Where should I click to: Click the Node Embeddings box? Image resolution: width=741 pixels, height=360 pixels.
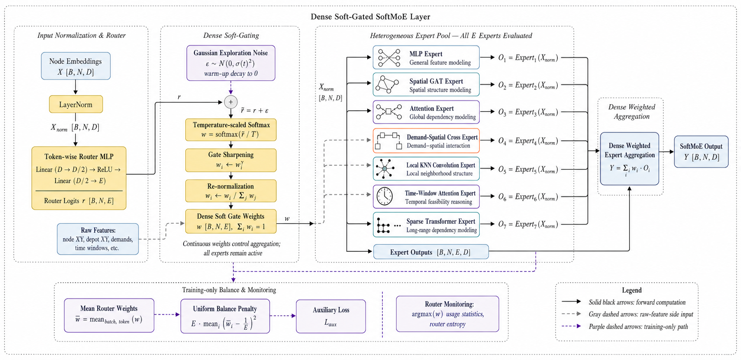(x=76, y=66)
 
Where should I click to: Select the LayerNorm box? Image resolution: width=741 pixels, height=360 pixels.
(x=76, y=105)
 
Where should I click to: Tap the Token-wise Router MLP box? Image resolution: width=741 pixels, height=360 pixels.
(x=79, y=178)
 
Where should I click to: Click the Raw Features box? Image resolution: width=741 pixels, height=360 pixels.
(x=98, y=239)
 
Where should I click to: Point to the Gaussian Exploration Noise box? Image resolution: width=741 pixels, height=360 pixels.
(x=231, y=63)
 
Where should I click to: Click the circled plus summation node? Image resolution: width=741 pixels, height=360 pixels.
(x=231, y=102)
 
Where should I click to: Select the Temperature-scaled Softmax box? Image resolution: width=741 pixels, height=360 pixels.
(x=231, y=130)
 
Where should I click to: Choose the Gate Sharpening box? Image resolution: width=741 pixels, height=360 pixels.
(x=231, y=160)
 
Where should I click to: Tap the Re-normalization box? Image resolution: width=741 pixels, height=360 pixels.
(x=231, y=191)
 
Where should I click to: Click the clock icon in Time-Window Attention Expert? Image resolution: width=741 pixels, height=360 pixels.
(x=384, y=196)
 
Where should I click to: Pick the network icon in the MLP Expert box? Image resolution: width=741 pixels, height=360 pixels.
(x=389, y=58)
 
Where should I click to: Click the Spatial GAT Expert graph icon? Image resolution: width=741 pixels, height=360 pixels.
(x=387, y=85)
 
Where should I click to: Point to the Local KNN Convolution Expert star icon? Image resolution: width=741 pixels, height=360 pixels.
(x=384, y=169)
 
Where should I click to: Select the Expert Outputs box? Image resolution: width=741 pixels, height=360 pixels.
(x=431, y=252)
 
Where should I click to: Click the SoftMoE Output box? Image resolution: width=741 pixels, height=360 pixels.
(x=701, y=152)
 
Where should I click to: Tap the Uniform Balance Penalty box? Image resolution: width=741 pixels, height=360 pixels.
(x=225, y=316)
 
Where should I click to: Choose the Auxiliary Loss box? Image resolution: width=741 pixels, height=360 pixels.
(x=331, y=316)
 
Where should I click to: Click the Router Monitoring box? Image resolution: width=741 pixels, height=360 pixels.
(x=447, y=314)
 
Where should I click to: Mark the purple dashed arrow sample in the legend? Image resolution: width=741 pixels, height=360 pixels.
(x=571, y=326)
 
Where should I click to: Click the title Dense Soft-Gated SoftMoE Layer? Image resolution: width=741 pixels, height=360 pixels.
(x=370, y=17)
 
